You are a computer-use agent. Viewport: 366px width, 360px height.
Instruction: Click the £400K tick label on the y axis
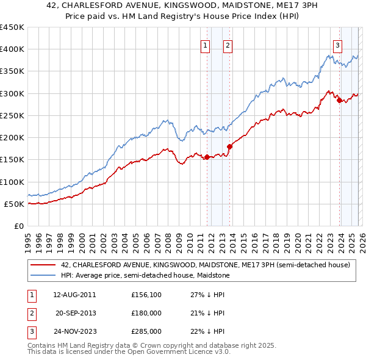[x=12, y=49]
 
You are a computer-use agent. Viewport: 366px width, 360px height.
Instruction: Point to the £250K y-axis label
[x=12, y=115]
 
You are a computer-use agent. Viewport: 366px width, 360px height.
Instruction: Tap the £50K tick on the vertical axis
[x=15, y=204]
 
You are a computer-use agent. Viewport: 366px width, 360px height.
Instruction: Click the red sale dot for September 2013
[x=229, y=146]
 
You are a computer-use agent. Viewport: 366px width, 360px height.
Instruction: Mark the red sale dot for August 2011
[x=207, y=157]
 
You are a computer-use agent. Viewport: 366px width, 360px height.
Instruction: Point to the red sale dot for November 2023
[x=339, y=101]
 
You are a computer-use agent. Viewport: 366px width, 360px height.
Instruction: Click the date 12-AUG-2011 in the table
[x=75, y=295]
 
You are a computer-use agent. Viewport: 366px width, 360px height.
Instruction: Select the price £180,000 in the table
[x=146, y=313]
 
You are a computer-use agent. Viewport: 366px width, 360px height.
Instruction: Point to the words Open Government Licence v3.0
[x=178, y=352]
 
